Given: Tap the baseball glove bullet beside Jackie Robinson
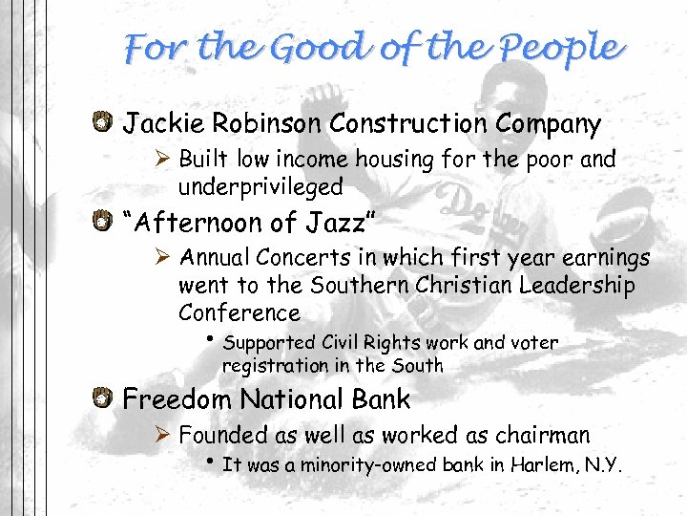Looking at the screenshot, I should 104,122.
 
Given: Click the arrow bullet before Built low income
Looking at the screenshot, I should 164,159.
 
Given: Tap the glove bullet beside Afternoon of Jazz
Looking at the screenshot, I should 104,222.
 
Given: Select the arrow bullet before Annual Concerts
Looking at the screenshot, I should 164,258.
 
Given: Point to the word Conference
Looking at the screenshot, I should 239,312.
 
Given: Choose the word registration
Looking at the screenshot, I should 270,365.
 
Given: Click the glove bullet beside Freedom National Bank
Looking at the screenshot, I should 104,398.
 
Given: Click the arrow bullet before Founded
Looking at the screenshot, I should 164,436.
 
